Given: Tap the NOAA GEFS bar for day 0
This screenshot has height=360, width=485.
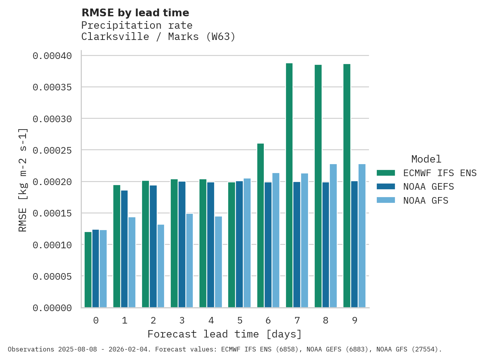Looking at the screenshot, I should click(95, 268).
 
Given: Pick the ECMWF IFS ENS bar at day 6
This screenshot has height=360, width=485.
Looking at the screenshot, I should click(260, 225).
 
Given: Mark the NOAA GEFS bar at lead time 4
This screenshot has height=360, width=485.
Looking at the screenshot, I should click(210, 245).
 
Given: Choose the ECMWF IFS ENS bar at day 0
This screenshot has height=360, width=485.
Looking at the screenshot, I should click(88, 270).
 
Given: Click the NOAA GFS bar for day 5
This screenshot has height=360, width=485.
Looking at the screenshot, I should click(247, 243).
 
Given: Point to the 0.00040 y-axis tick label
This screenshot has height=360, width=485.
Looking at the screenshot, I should click(52, 56).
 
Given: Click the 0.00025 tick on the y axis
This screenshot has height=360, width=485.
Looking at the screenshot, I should click(52, 150).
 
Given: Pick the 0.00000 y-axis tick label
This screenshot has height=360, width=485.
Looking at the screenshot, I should click(52, 308).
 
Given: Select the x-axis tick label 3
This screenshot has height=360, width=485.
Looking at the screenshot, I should click(182, 320).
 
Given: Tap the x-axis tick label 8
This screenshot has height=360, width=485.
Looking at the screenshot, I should click(326, 320).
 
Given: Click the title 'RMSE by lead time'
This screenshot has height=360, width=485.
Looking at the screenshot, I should click(135, 13).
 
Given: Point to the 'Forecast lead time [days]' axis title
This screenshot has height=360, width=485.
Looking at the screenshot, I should click(225, 334).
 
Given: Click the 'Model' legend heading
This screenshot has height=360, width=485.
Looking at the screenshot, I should click(426, 159).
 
